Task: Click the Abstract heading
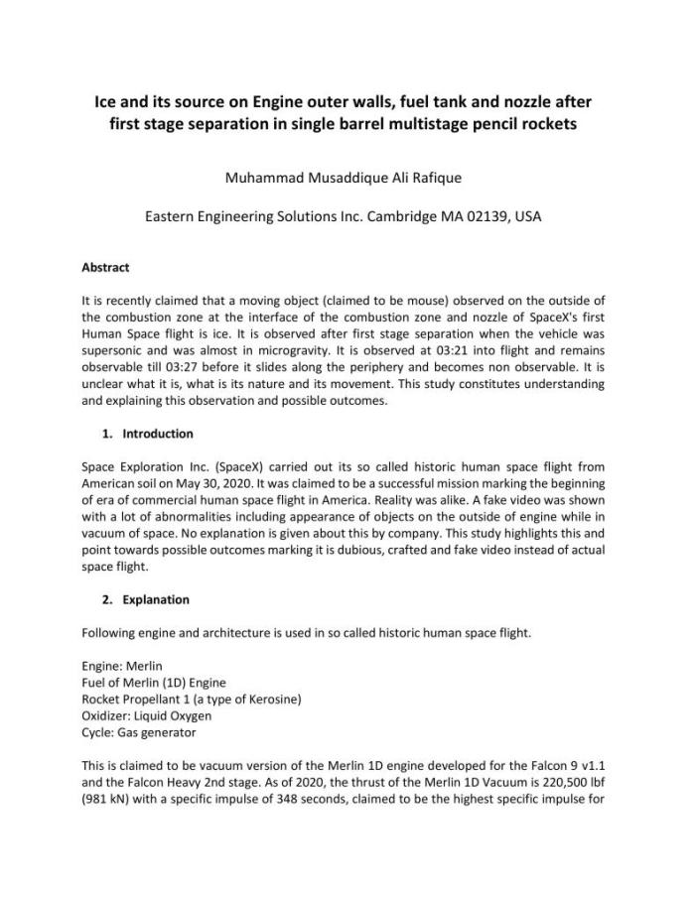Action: [105, 268]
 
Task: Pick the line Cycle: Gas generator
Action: [139, 732]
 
